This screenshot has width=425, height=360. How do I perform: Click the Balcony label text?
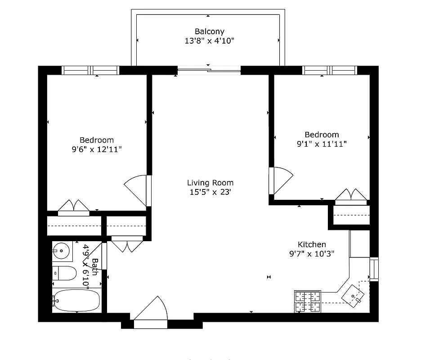coord(209,31)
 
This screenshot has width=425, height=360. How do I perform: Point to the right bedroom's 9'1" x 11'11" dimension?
coord(321,144)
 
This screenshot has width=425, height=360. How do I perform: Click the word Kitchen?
coord(312,244)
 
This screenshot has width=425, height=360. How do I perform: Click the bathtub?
coord(76,300)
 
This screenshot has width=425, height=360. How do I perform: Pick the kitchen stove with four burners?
coord(308,301)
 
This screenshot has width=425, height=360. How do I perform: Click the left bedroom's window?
coord(90,70)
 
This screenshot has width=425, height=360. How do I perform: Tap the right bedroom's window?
coord(330,70)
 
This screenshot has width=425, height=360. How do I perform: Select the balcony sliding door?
coord(210,70)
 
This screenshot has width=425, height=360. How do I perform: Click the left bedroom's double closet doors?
coord(74,207)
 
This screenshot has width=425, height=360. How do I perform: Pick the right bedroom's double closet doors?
coord(352,196)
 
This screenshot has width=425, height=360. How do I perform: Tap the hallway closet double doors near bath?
coord(127,245)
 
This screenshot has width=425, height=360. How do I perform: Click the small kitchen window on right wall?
coord(374,269)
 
